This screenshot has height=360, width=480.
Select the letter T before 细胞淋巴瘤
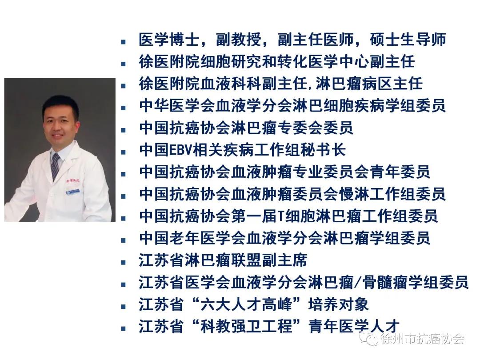280,216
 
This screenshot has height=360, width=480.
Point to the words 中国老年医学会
185,238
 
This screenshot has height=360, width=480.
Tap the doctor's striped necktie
55,166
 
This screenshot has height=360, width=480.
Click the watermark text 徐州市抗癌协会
422,339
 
